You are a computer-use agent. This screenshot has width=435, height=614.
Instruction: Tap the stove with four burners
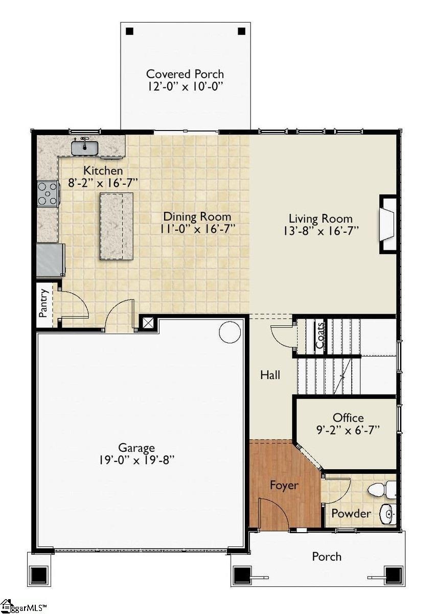point(48,194)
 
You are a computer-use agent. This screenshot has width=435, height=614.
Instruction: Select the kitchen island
point(117,226)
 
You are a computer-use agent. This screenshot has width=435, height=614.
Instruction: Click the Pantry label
point(44,303)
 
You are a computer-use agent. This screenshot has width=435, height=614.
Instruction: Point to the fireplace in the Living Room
point(388,224)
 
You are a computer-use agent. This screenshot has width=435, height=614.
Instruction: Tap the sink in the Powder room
point(389,513)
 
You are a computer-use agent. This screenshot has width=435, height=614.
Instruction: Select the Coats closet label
point(320,335)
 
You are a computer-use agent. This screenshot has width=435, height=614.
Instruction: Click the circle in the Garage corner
point(230,332)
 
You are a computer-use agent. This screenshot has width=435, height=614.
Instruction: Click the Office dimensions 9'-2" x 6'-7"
point(348,430)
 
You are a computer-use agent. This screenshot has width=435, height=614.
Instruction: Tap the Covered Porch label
point(185,74)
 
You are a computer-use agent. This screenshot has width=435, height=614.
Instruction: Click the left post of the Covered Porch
point(129,31)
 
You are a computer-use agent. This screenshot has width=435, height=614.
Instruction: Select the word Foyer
point(284,485)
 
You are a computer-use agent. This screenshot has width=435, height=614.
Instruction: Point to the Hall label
point(270,375)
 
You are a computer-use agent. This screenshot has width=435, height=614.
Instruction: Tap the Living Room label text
point(320,218)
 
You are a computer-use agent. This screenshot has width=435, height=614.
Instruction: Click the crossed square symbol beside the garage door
point(148,323)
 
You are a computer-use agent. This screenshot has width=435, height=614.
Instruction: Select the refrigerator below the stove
point(50,260)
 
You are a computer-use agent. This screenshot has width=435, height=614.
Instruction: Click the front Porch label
point(327,556)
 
